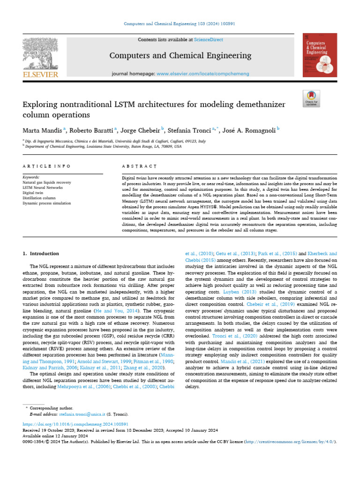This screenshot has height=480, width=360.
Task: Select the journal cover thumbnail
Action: point(320,55)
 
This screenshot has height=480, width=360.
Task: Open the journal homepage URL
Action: point(204,74)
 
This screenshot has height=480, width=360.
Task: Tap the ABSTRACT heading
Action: point(139,166)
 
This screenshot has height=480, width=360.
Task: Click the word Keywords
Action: point(31,177)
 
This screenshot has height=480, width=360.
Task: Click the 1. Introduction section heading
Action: point(41,254)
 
